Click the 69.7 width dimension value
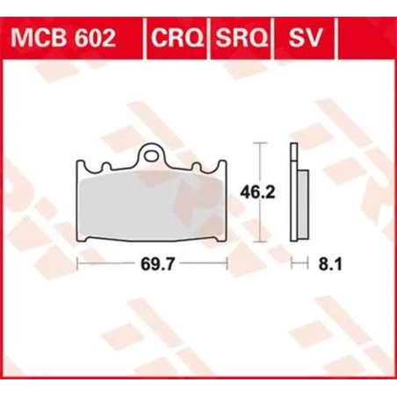click(153, 263)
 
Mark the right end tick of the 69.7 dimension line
click(228, 263)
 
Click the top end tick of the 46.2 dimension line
click(259, 141)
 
